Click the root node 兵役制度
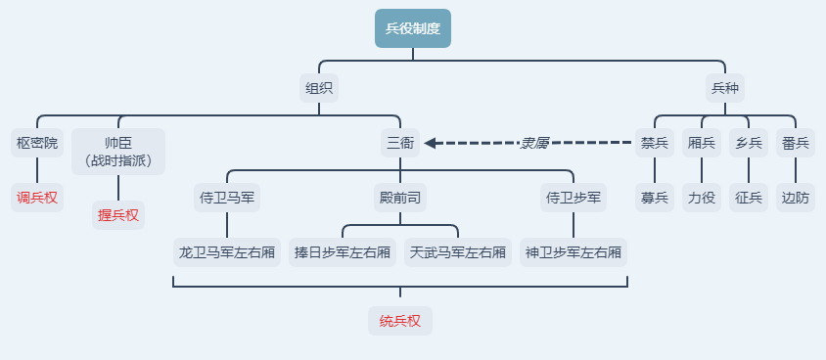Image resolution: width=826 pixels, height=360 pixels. coord(412,28)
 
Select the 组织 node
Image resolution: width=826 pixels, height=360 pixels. coord(318,88)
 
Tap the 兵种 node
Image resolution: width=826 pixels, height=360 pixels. coord(724,88)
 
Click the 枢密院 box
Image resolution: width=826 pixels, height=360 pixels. coord(37,143)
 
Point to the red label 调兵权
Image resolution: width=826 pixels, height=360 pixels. coord(37,198)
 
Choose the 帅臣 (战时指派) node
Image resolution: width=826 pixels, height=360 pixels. coord(118,151)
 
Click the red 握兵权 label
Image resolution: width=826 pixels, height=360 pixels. coord(118,214)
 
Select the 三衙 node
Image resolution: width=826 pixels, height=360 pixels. coord(399,143)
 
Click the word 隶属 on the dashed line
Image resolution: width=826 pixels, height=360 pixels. coord(533,143)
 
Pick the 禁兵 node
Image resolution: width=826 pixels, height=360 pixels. coord(655,143)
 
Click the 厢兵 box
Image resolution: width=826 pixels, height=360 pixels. coord(702,143)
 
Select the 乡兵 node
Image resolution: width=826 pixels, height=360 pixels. coord(749,143)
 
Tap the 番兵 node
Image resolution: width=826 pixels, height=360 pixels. coord(796,143)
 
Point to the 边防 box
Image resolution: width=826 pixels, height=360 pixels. coord(796,198)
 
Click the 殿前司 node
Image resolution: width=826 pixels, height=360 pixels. coord(399,198)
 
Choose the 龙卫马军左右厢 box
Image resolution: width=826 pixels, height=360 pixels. coord(227,252)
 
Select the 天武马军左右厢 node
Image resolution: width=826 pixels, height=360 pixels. coord(458,252)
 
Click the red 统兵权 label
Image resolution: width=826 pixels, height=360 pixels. coord(399,321)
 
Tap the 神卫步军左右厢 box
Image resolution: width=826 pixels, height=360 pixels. coord(574,252)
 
